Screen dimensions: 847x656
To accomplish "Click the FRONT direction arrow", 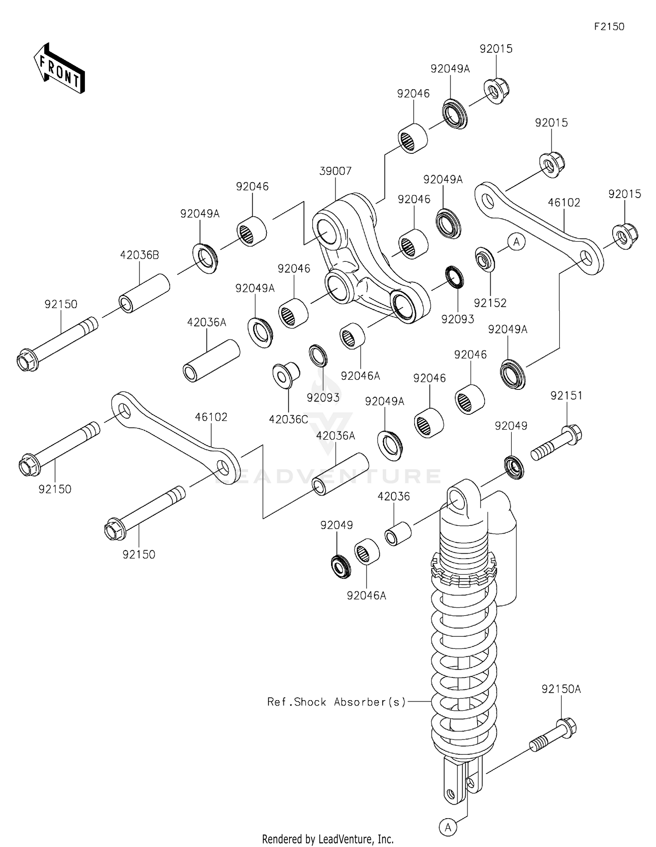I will point(59,69).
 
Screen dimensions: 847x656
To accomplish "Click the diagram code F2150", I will point(609,27).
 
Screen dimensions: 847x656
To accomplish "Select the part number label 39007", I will point(335,171).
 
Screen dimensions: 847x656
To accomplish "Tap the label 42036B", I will point(140,256).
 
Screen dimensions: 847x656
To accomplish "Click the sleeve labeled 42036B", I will point(144,293).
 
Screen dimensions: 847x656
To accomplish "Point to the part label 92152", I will point(490,303).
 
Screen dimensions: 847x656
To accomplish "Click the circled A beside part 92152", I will point(516,242).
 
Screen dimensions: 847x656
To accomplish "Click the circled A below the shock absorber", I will point(448,827).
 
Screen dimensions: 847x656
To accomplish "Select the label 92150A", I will point(561,689).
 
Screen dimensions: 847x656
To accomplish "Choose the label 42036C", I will point(288,420).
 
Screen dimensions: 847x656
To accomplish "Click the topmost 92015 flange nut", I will point(496,90).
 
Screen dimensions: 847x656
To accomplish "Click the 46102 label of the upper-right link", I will point(564,203).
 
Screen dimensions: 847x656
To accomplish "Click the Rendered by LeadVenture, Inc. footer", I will point(328,839).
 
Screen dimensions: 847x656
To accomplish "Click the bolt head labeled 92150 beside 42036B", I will point(27,361).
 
